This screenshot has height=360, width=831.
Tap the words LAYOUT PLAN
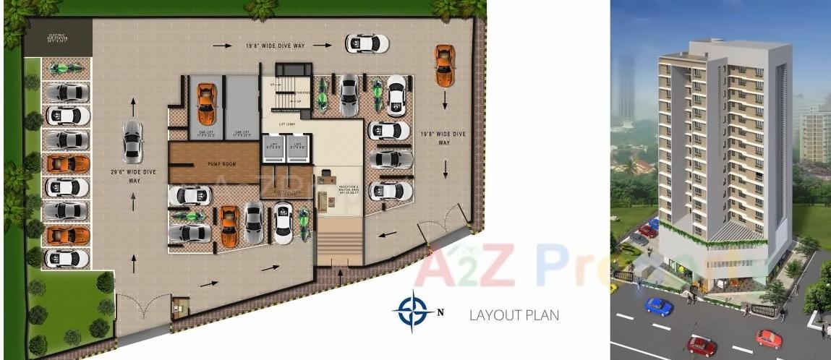tap(513, 315)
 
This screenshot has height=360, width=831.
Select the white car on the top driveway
tap(366, 43)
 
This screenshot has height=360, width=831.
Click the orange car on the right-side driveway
tap(444, 64)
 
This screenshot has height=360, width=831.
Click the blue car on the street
tap(658, 306)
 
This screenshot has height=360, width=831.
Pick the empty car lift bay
tap(242, 105)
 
